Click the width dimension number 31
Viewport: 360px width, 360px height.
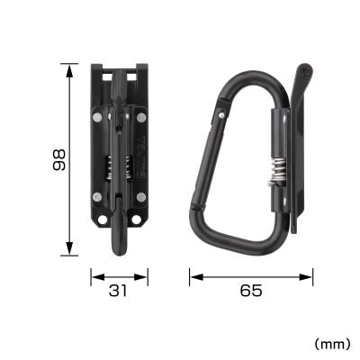[x=118, y=290]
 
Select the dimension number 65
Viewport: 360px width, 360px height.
[x=251, y=290]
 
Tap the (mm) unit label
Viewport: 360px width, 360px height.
[x=331, y=343]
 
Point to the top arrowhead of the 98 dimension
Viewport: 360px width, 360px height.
[x=69, y=67]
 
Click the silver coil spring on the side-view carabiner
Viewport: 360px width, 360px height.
[x=279, y=170]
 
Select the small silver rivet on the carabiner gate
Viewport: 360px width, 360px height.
[x=221, y=114]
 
